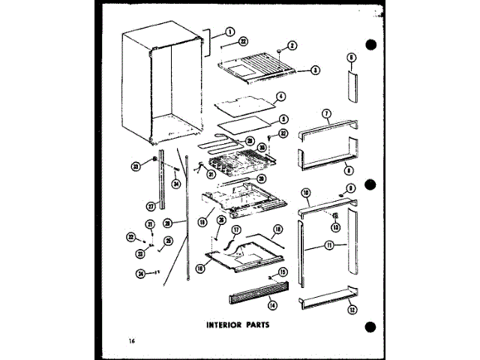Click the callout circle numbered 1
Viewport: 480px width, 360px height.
point(230,31)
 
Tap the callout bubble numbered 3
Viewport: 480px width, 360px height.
point(316,70)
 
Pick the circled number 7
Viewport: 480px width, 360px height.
point(326,114)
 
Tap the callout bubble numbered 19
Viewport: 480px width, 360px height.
point(202,222)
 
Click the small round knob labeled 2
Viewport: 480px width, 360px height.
point(278,50)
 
